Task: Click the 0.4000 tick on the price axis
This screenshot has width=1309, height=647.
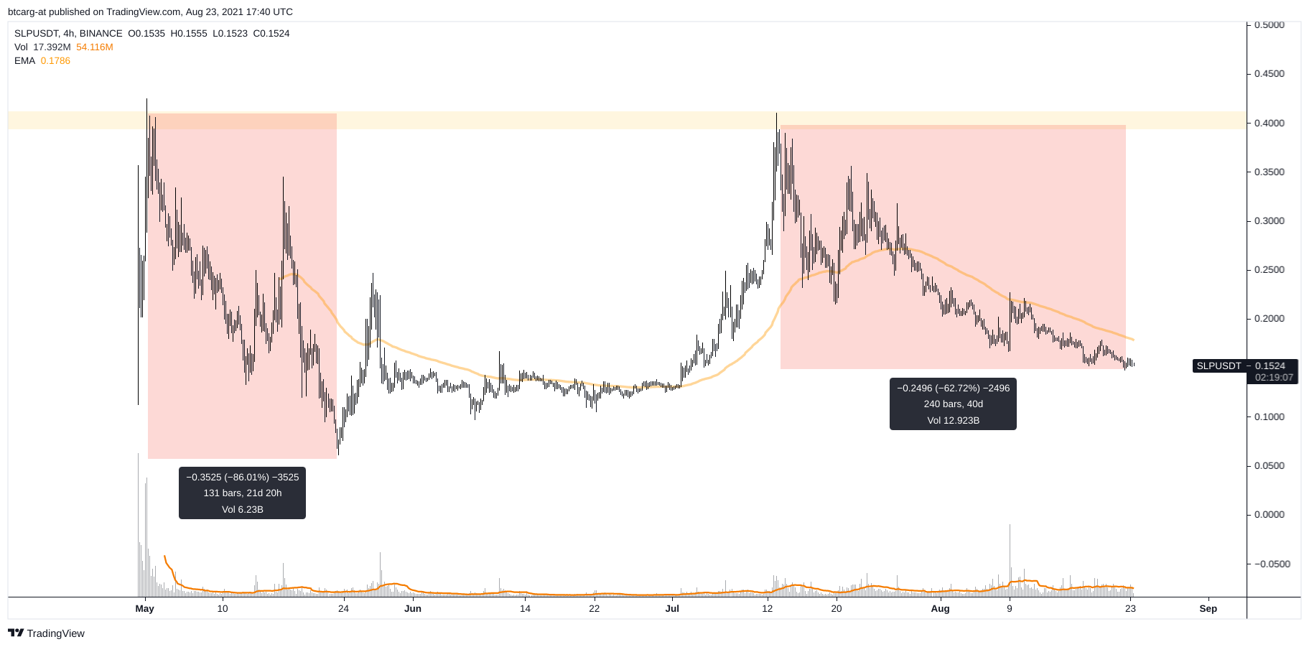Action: pos(1269,123)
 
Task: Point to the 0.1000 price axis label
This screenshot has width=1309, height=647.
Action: pos(1269,416)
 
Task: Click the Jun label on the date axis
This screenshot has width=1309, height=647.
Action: pos(413,608)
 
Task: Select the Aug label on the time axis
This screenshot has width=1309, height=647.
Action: pos(940,608)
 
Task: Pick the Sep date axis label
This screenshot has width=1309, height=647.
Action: pos(1208,608)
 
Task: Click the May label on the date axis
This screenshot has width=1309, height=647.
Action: pos(144,608)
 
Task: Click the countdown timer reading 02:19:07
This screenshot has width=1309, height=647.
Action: pos(1274,377)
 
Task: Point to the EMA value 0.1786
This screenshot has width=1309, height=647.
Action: pos(55,61)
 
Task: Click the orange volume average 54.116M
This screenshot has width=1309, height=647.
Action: pos(95,47)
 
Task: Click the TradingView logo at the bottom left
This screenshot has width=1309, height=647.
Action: pos(47,633)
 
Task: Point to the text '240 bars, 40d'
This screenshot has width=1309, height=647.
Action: pos(953,404)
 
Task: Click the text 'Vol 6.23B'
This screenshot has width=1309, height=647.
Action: pos(242,509)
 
